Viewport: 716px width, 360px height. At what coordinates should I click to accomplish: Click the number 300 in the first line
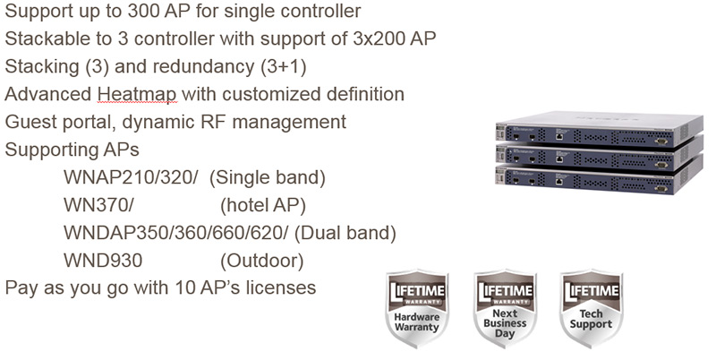143,11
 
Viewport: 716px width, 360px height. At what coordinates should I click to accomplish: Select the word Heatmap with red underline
137,95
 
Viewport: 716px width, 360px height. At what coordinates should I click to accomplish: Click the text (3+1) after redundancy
284,66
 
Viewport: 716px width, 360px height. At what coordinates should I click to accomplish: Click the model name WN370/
98,205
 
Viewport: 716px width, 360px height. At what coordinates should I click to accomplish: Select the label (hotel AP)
263,206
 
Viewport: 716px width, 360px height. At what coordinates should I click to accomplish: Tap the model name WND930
103,261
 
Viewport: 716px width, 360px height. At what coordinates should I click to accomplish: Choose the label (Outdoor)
262,261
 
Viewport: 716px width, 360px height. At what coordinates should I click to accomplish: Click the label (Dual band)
345,233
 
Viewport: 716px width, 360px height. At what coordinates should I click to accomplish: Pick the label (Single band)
268,177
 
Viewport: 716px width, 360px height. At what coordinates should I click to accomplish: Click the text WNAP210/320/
131,177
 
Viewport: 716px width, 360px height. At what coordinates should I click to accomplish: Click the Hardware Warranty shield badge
417,309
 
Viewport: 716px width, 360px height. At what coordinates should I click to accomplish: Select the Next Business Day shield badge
505,309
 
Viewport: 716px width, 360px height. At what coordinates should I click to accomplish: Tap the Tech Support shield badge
592,309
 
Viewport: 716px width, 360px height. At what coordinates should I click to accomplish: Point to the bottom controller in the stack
599,179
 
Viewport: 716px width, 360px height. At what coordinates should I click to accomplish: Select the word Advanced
48,95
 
